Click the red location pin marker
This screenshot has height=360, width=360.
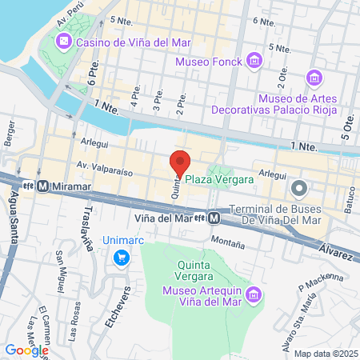180,162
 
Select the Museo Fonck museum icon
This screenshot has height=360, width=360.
254,59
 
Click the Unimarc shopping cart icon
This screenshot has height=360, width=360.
122,257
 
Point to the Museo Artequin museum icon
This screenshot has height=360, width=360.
254,294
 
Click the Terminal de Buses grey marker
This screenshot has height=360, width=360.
299,189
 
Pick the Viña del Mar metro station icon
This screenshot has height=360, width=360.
214,217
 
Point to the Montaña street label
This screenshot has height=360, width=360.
226,239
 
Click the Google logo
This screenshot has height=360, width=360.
26,350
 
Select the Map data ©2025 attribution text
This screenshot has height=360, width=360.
325,354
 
